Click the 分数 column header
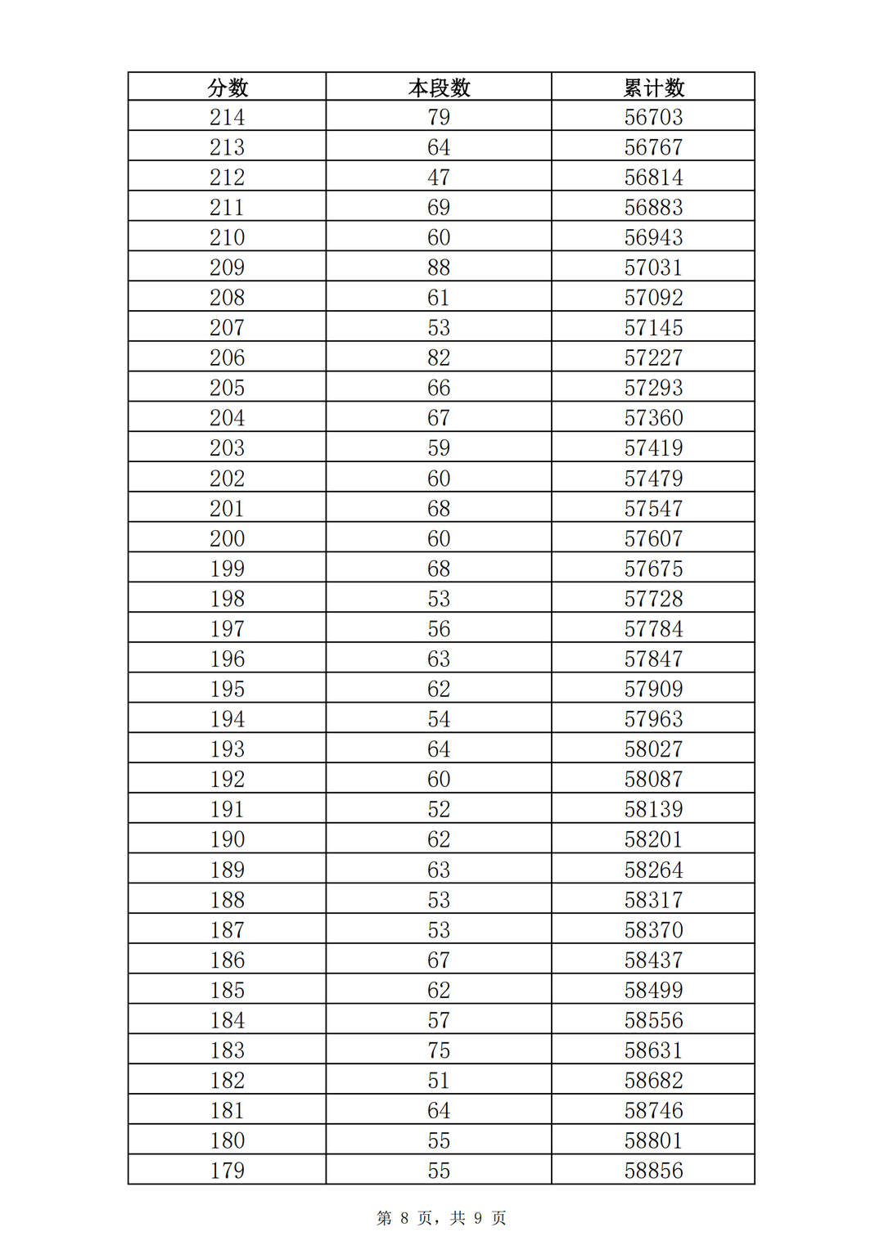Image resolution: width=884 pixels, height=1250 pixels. click(228, 88)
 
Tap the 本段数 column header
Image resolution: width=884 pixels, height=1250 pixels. click(439, 88)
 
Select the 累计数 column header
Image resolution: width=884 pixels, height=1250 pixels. click(653, 88)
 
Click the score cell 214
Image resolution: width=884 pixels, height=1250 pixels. click(228, 117)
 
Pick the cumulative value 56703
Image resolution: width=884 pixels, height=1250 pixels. click(653, 117)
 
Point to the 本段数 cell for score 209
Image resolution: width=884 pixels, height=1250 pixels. click(439, 268)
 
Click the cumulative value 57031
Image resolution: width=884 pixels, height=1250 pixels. click(653, 268)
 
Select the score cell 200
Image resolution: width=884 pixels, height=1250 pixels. click(228, 538)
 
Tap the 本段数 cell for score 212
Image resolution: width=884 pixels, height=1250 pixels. click(439, 178)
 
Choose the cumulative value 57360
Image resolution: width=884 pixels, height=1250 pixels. click(653, 418)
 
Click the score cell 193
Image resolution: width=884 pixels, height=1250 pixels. click(228, 749)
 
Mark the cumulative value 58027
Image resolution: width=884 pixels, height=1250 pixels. click(653, 749)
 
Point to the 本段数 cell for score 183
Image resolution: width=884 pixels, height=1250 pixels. click(439, 1050)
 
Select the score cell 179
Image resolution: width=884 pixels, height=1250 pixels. click(228, 1171)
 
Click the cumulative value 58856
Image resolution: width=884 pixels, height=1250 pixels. click(653, 1171)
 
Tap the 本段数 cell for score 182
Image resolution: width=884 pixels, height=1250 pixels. click(439, 1081)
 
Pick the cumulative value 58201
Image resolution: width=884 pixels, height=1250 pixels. click(653, 839)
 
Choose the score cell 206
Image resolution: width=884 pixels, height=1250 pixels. click(228, 357)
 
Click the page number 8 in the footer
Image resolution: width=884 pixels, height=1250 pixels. click(404, 1218)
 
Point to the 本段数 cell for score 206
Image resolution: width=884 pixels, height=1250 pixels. click(439, 357)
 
